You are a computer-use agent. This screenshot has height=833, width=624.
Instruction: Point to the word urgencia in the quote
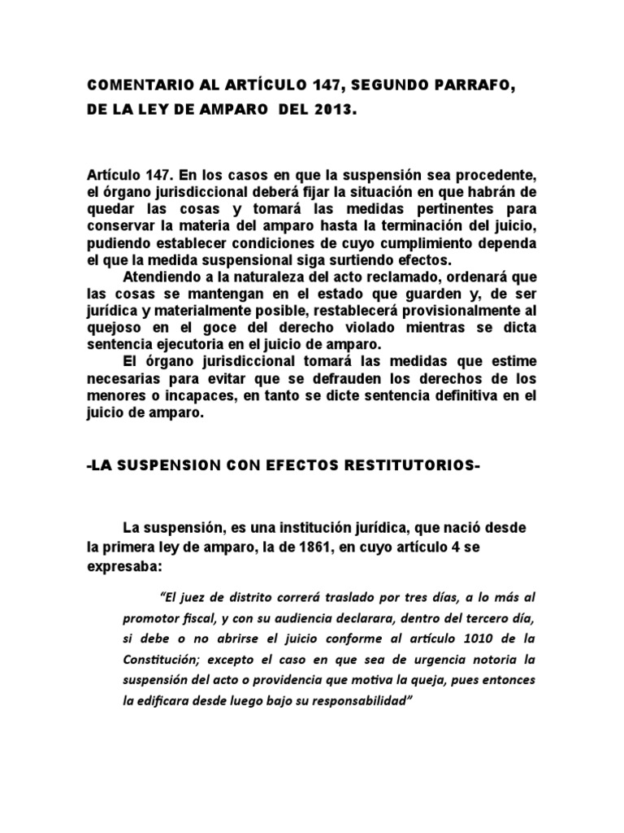click(401, 658)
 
